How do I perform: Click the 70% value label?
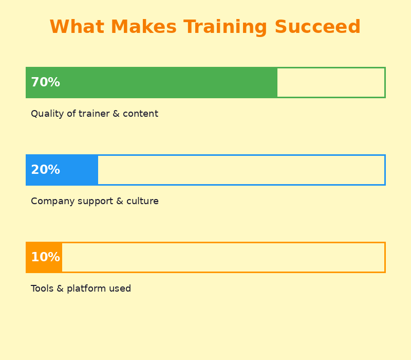(x=45, y=83)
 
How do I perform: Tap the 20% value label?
(x=45, y=170)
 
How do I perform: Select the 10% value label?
(x=45, y=258)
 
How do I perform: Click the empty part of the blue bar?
(x=241, y=170)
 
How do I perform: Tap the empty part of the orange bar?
(x=223, y=258)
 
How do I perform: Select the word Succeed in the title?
(x=317, y=27)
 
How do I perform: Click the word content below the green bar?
(x=140, y=114)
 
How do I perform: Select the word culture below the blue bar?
(x=142, y=202)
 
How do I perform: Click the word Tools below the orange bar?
(x=41, y=289)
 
